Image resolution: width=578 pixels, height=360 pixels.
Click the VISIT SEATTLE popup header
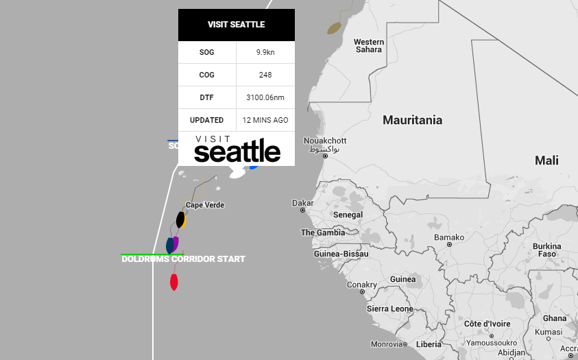[236, 25]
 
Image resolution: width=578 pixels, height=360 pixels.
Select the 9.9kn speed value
[265, 52]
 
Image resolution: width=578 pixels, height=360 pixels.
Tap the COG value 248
[265, 75]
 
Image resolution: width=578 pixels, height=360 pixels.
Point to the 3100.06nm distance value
[265, 97]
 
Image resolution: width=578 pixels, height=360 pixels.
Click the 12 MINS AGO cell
[265, 120]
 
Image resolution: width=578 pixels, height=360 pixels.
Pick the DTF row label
[206, 97]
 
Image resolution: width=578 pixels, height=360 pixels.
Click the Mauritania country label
[412, 120]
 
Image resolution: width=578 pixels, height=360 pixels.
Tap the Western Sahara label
[368, 46]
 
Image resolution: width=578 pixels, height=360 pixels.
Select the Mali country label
[546, 160]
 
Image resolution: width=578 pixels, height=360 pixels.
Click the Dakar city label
[302, 203]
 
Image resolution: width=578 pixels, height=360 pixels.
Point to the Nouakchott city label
[325, 141]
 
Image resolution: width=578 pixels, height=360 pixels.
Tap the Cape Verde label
[205, 205]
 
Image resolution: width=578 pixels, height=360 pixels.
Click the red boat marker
[174, 281]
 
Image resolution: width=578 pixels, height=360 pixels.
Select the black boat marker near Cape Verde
[180, 219]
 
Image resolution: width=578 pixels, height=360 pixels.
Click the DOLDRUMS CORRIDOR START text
[183, 259]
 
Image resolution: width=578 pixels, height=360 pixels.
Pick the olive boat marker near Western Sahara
[334, 28]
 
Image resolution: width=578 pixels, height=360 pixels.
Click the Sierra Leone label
[389, 309]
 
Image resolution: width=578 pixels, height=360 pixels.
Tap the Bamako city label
[449, 237]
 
